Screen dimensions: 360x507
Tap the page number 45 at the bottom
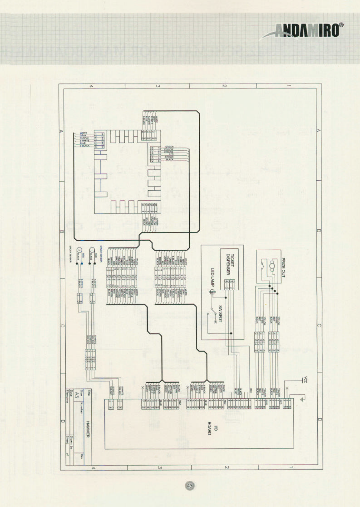click(x=190, y=486)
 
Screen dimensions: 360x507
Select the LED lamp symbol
click(x=212, y=292)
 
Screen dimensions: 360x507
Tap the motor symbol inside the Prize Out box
click(x=272, y=265)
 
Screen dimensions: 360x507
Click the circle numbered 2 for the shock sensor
click(x=80, y=250)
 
